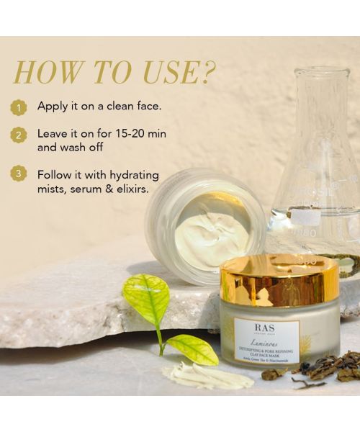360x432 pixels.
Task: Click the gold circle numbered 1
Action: pos(19,107)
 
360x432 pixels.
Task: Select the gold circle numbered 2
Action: pos(19,135)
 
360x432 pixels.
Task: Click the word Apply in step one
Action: pos(53,107)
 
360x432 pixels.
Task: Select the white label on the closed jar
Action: pos(265,341)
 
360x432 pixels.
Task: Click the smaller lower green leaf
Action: pos(190,348)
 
